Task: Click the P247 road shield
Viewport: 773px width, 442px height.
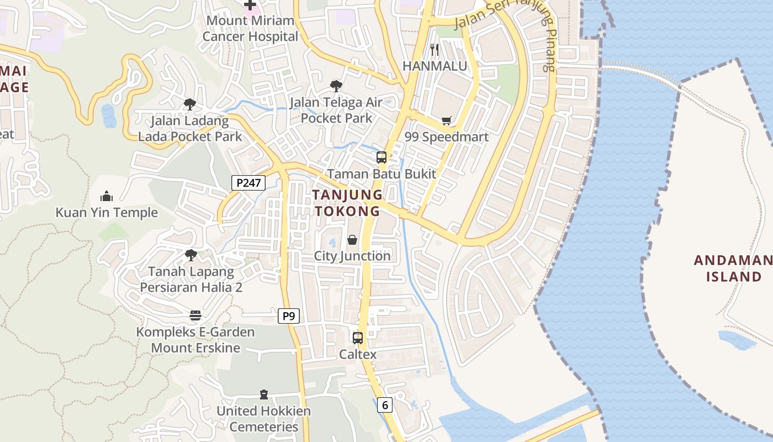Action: click(x=248, y=183)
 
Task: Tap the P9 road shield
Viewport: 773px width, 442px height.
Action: click(x=288, y=316)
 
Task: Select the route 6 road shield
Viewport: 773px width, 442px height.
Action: click(x=385, y=405)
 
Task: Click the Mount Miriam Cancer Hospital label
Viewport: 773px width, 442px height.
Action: click(x=250, y=29)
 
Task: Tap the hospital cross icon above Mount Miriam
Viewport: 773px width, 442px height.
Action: click(x=250, y=5)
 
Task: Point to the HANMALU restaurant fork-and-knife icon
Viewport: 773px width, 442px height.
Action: click(x=435, y=50)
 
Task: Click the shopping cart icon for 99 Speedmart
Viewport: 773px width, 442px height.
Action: click(x=447, y=120)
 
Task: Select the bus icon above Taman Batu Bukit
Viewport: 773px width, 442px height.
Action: click(x=381, y=157)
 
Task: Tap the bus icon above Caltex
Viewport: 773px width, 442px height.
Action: click(x=358, y=338)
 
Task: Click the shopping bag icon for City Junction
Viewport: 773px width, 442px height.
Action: click(x=352, y=240)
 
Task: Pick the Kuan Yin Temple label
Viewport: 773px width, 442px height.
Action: click(x=107, y=213)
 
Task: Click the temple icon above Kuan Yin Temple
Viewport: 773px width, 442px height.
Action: click(x=107, y=196)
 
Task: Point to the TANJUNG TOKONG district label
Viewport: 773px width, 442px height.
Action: click(x=347, y=203)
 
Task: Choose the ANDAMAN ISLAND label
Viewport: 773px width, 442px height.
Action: click(x=733, y=269)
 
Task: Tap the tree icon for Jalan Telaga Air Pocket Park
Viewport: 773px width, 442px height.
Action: click(x=336, y=86)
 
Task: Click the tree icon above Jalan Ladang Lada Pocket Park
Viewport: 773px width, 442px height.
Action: click(x=190, y=104)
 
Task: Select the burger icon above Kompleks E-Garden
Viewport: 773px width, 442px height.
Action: click(x=195, y=315)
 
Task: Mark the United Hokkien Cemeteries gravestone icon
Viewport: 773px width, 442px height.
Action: click(x=264, y=394)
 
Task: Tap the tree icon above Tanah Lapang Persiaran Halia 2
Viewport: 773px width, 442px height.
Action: click(x=191, y=255)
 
